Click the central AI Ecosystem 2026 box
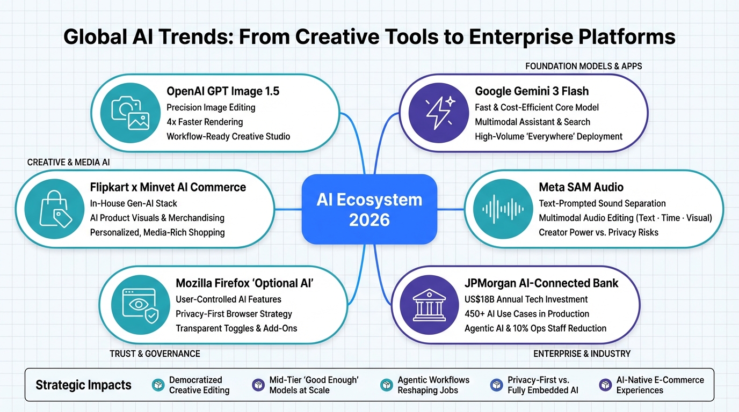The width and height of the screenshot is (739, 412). point(369,209)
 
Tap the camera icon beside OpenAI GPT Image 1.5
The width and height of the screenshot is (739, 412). point(131,113)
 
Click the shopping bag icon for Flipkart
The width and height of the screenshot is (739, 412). point(55,209)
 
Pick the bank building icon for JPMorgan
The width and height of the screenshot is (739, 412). point(429,305)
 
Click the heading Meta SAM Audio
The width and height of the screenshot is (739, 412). point(581,187)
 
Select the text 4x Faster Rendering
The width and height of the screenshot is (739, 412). point(205,122)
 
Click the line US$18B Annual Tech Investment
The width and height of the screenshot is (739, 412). point(526,299)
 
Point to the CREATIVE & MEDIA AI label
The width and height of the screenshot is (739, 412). point(68,162)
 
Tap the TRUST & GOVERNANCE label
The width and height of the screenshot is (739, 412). point(155,354)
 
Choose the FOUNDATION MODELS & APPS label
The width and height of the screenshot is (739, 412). point(583,67)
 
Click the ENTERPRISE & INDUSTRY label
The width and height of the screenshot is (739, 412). point(582,354)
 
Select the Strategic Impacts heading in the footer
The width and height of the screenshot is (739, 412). point(83,385)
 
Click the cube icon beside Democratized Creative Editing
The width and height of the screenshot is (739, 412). point(158,385)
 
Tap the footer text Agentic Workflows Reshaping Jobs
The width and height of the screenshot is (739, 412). point(433,385)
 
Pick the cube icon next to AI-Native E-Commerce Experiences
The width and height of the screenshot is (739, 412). point(605,385)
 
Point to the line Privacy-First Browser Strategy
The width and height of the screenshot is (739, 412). point(234,314)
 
